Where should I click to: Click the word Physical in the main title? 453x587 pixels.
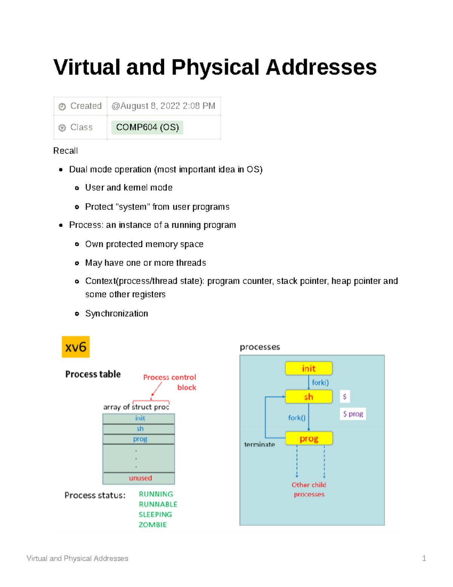pos(215,68)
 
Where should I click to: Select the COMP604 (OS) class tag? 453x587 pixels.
pos(147,127)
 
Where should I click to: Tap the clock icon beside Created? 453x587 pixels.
pos(62,107)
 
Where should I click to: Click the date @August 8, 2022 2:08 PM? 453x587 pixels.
pos(163,106)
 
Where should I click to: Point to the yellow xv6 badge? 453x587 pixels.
pos(75,347)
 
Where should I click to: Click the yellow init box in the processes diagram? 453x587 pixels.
pos(309,369)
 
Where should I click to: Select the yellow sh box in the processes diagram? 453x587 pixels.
pos(309,397)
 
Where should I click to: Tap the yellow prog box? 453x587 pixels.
pos(309,438)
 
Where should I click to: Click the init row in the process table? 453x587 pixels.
pos(140,418)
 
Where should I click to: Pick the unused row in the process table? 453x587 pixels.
pos(140,478)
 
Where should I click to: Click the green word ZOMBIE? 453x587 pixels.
pos(153,525)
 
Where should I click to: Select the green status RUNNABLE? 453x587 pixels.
pos(158,504)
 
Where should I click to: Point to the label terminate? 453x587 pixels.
pos(259,445)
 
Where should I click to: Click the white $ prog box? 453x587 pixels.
pos(353,414)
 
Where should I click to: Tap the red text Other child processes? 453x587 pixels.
pos(309,489)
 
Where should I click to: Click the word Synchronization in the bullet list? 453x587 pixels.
pos(116,313)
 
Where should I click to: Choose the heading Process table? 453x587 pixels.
pos(93,374)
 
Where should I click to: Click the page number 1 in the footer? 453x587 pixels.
pos(424,558)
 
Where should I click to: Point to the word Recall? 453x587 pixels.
pos(65,151)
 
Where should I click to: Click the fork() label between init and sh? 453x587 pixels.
pos(320,383)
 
